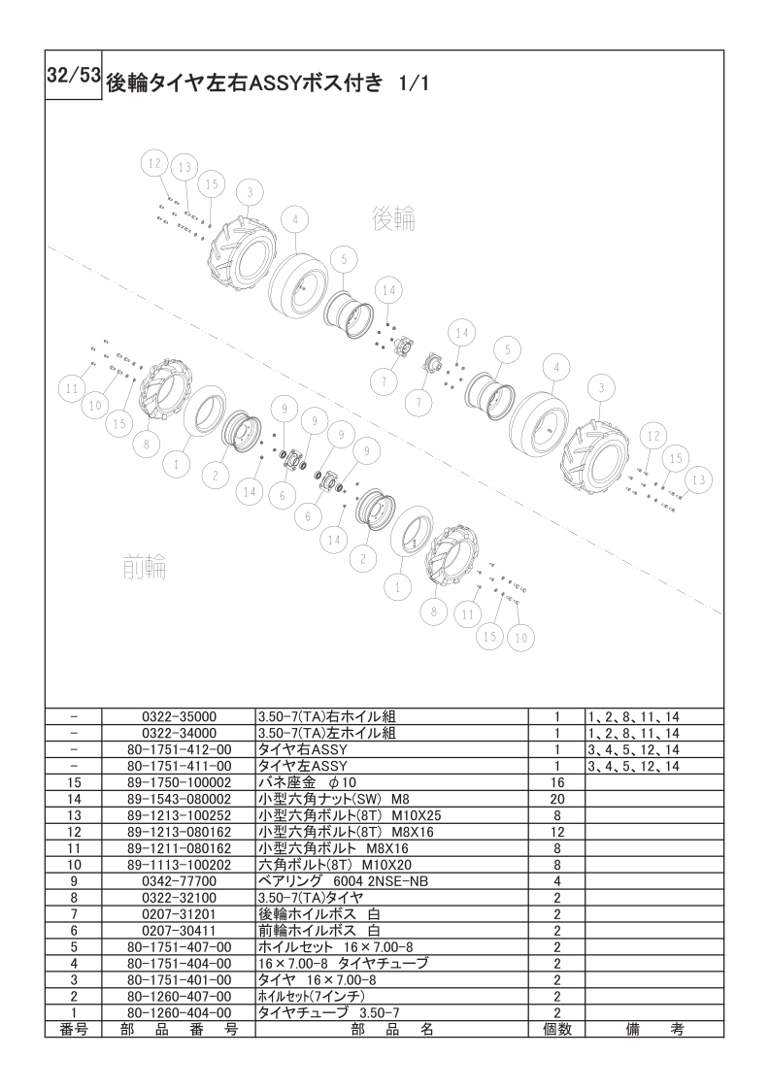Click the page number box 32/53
pos(74,75)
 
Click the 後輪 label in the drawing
pos(394,218)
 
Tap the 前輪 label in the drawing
pos(145,568)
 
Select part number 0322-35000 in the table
pos(179,716)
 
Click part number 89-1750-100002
pos(179,782)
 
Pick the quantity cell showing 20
pos(557,799)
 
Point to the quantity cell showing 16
pos(557,782)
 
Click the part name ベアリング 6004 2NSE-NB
pos(343,881)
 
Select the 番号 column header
pos(74,1029)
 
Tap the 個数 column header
pos(557,1029)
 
